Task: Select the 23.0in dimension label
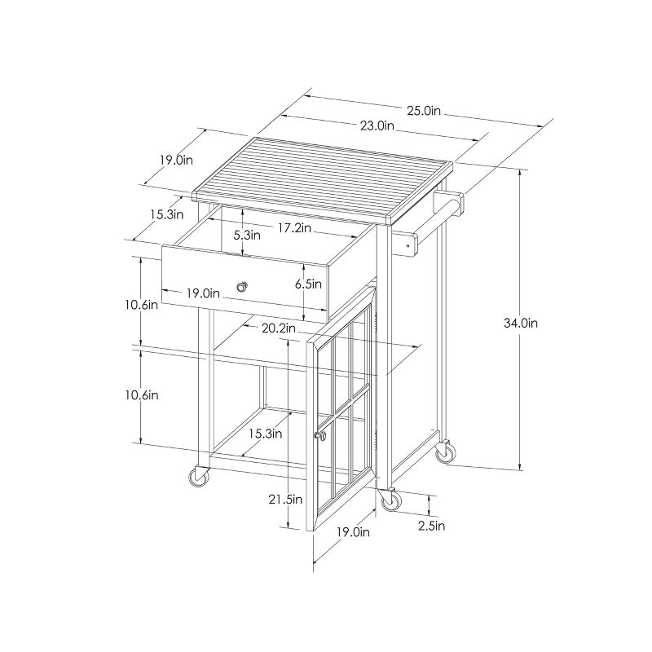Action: coord(376,126)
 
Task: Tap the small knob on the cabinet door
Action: coord(320,438)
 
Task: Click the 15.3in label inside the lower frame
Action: coord(266,434)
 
